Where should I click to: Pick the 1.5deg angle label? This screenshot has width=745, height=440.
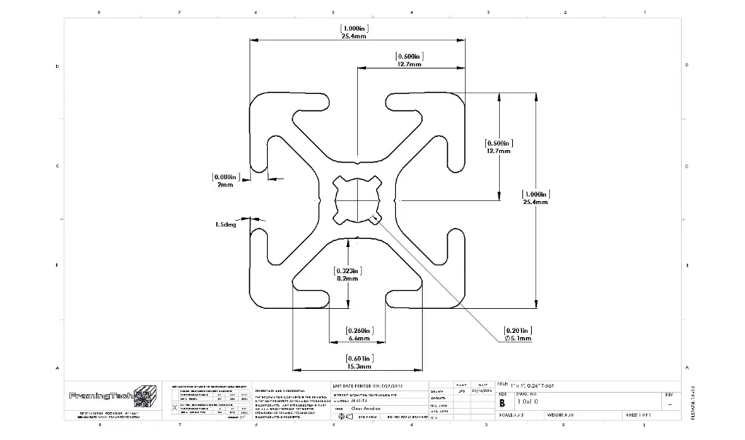click(226, 224)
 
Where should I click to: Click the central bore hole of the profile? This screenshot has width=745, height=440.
click(357, 200)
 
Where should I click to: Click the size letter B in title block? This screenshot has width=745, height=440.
click(502, 402)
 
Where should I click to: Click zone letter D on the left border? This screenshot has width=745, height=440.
click(57, 67)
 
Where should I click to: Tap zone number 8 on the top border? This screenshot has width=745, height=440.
click(99, 12)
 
